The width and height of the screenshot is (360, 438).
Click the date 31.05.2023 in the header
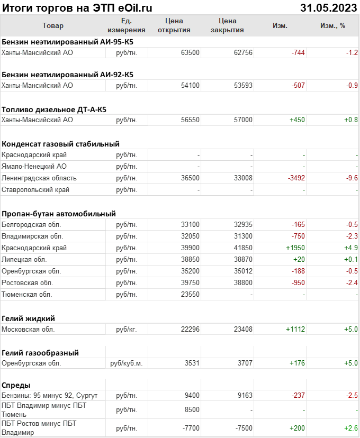(328, 8)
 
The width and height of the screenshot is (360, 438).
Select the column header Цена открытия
(174, 25)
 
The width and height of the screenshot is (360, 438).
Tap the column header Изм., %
(332, 25)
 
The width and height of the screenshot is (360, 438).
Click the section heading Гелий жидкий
(29, 318)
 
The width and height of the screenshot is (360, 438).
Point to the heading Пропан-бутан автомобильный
(59, 214)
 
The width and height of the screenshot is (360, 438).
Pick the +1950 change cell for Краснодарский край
(295, 248)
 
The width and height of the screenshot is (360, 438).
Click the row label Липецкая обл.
(24, 260)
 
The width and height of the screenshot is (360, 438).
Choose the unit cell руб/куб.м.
(127, 363)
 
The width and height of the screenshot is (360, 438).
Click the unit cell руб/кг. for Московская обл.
(127, 330)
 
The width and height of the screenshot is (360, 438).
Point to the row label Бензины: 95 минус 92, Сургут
(50, 396)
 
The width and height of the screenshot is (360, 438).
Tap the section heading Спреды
(16, 385)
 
